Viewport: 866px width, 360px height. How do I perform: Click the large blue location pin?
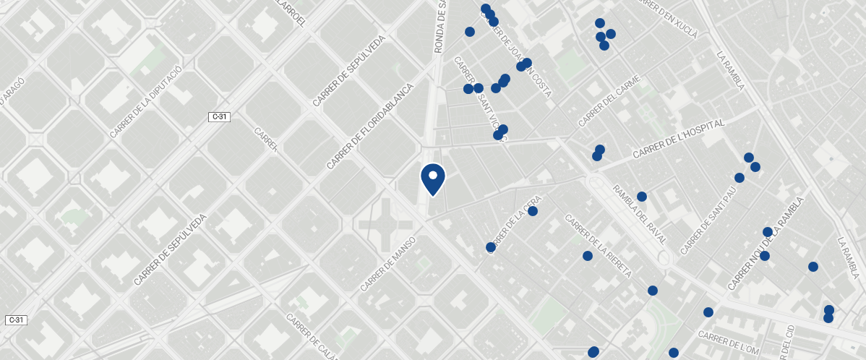pyautogui.click(x=432, y=178)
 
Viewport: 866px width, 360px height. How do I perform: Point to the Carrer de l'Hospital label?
pyautogui.click(x=678, y=140)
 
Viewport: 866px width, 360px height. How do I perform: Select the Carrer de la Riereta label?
pyautogui.click(x=599, y=246)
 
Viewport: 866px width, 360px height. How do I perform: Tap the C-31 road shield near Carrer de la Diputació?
pyautogui.click(x=220, y=116)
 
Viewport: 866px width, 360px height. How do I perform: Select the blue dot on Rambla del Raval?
pyautogui.click(x=641, y=197)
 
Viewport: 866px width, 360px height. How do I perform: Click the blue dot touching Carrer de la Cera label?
pyautogui.click(x=491, y=247)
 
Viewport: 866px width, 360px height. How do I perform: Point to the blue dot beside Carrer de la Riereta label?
pyautogui.click(x=588, y=256)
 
